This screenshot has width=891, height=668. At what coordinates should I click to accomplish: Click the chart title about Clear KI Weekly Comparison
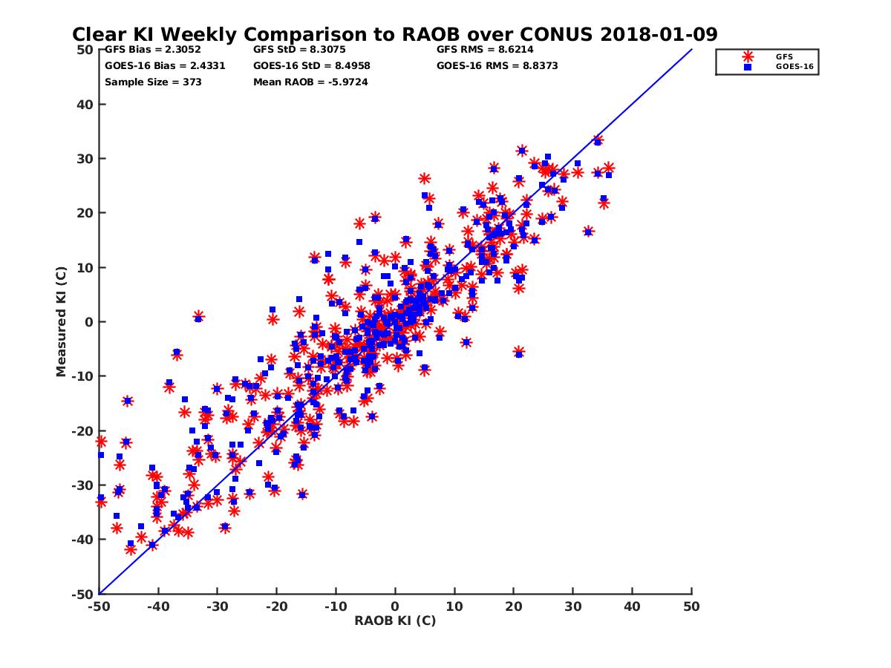coord(394,34)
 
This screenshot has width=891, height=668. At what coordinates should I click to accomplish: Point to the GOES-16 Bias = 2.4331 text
coord(165,65)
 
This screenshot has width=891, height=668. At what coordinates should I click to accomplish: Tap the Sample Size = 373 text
coord(153,82)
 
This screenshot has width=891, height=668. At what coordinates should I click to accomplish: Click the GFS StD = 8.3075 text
coord(301,50)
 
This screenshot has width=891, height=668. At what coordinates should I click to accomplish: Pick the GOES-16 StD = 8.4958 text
coord(312,65)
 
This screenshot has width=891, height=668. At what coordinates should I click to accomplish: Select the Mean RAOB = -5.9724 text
coord(311,82)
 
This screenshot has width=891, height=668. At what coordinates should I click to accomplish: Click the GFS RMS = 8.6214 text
coord(485,50)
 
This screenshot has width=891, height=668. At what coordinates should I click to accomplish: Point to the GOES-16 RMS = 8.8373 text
coord(497,65)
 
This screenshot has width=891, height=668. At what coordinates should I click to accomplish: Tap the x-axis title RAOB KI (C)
coord(395,620)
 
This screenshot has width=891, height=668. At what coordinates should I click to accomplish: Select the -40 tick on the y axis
coord(81,540)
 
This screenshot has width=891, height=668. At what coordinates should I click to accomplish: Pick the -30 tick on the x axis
coord(217,606)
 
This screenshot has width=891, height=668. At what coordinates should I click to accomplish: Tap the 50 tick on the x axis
coord(691,606)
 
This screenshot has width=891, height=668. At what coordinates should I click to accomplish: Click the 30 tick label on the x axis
coord(572,606)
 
